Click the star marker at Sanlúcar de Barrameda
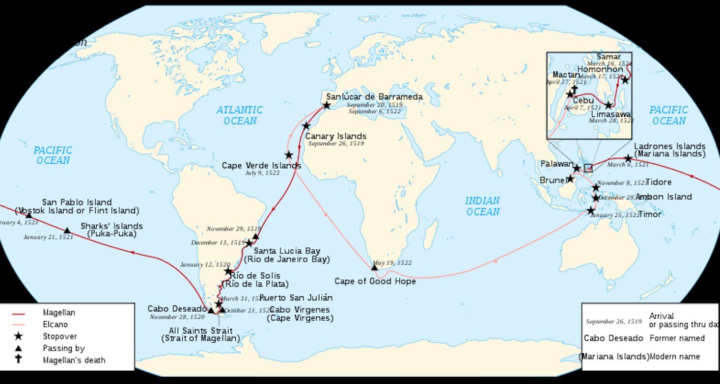[x=326, y=105]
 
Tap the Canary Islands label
[x=336, y=136]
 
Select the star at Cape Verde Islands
[x=289, y=155]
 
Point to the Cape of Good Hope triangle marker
[x=374, y=267]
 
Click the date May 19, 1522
[x=392, y=263]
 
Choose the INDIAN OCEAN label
[x=482, y=206]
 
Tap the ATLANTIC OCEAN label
[x=240, y=115]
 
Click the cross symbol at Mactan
[x=575, y=88]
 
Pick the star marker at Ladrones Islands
[x=628, y=158]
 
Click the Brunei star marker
[x=570, y=179]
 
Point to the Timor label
[x=650, y=214]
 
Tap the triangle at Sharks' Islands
[x=67, y=231]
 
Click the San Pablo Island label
[x=77, y=202]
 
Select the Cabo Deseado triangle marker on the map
[x=211, y=310]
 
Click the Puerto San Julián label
[x=296, y=298]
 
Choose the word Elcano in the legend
[x=55, y=324]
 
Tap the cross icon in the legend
[x=19, y=359]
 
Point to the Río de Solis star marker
[x=229, y=271]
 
